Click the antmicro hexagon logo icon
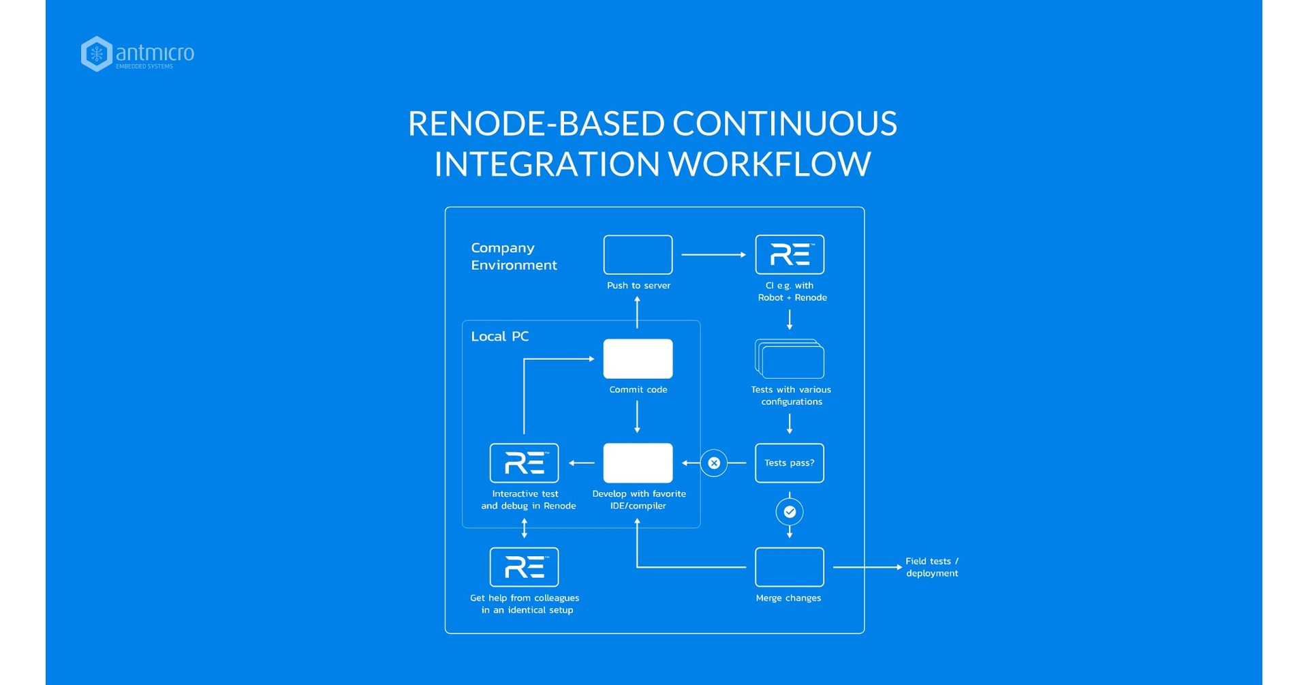tap(96, 54)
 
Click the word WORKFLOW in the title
tap(769, 164)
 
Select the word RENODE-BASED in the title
tap(536, 123)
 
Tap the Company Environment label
tap(514, 256)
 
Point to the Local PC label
tap(499, 336)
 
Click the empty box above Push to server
tap(638, 254)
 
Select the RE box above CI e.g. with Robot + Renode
tap(790, 254)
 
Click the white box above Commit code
tap(638, 359)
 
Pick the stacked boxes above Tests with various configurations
tap(790, 359)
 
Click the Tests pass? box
tap(790, 463)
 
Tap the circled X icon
tap(714, 463)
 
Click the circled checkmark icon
tap(790, 512)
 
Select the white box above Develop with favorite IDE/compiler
tap(638, 463)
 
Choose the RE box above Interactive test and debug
tap(524, 463)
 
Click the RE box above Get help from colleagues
tap(524, 567)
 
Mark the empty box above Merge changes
tap(790, 567)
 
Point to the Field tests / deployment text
tap(931, 567)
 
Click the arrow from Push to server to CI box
tap(713, 254)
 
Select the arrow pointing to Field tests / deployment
tap(867, 567)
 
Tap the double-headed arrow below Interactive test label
tap(524, 528)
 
